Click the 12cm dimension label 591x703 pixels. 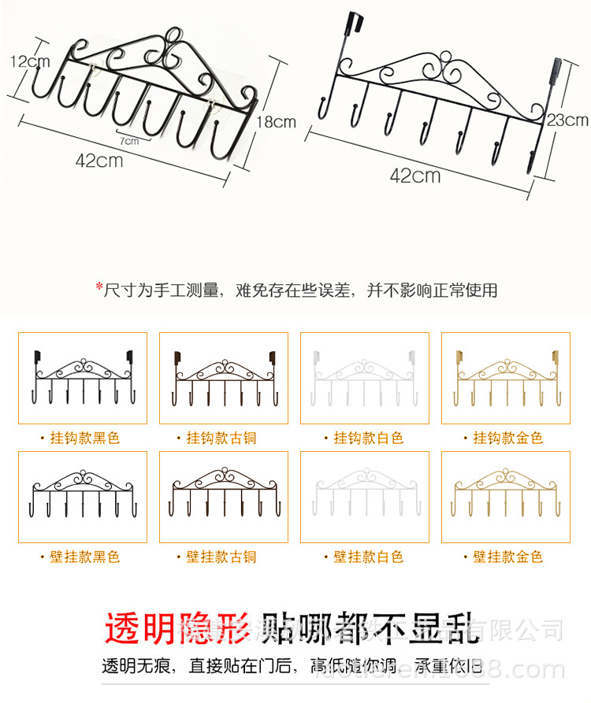point(30,61)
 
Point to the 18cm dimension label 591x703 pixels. point(276,121)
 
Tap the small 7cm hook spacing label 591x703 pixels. point(129,141)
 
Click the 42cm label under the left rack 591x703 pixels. point(99,161)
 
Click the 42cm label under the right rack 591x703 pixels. point(415,175)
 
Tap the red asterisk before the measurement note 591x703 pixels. point(99,288)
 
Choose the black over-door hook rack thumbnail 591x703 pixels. point(82,378)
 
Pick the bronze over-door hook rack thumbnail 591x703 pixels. point(223,378)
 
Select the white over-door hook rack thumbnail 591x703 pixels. point(364,378)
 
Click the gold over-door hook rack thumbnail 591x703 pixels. point(505,378)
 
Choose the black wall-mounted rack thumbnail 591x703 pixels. point(82,497)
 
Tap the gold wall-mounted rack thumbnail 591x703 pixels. point(505,497)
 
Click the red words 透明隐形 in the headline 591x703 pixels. point(178,628)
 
